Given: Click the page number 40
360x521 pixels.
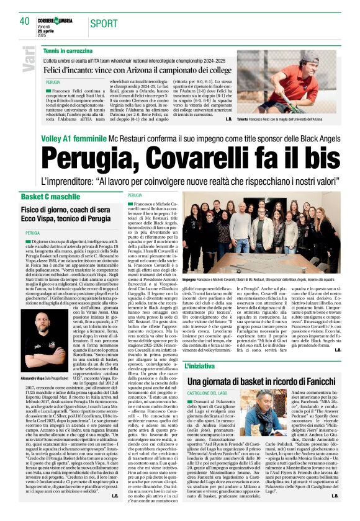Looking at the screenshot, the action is coord(25,21).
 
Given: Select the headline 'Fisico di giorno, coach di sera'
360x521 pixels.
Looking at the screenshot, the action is coord(69,210).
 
